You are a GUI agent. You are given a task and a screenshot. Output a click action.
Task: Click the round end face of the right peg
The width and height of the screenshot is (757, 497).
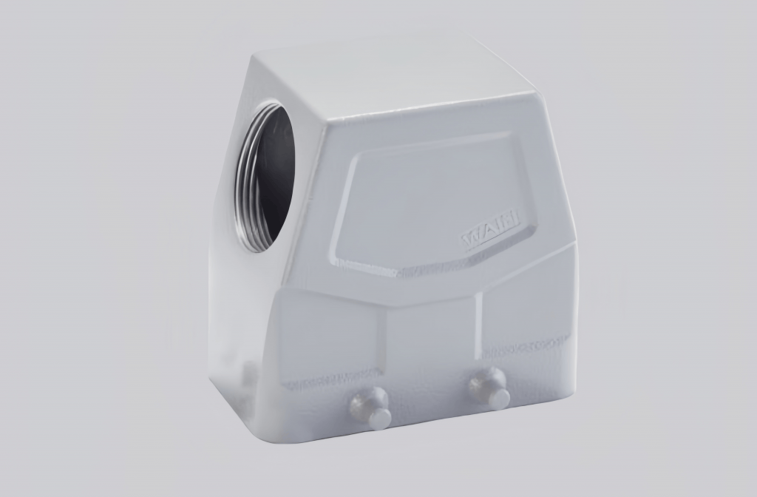coord(500,399)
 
